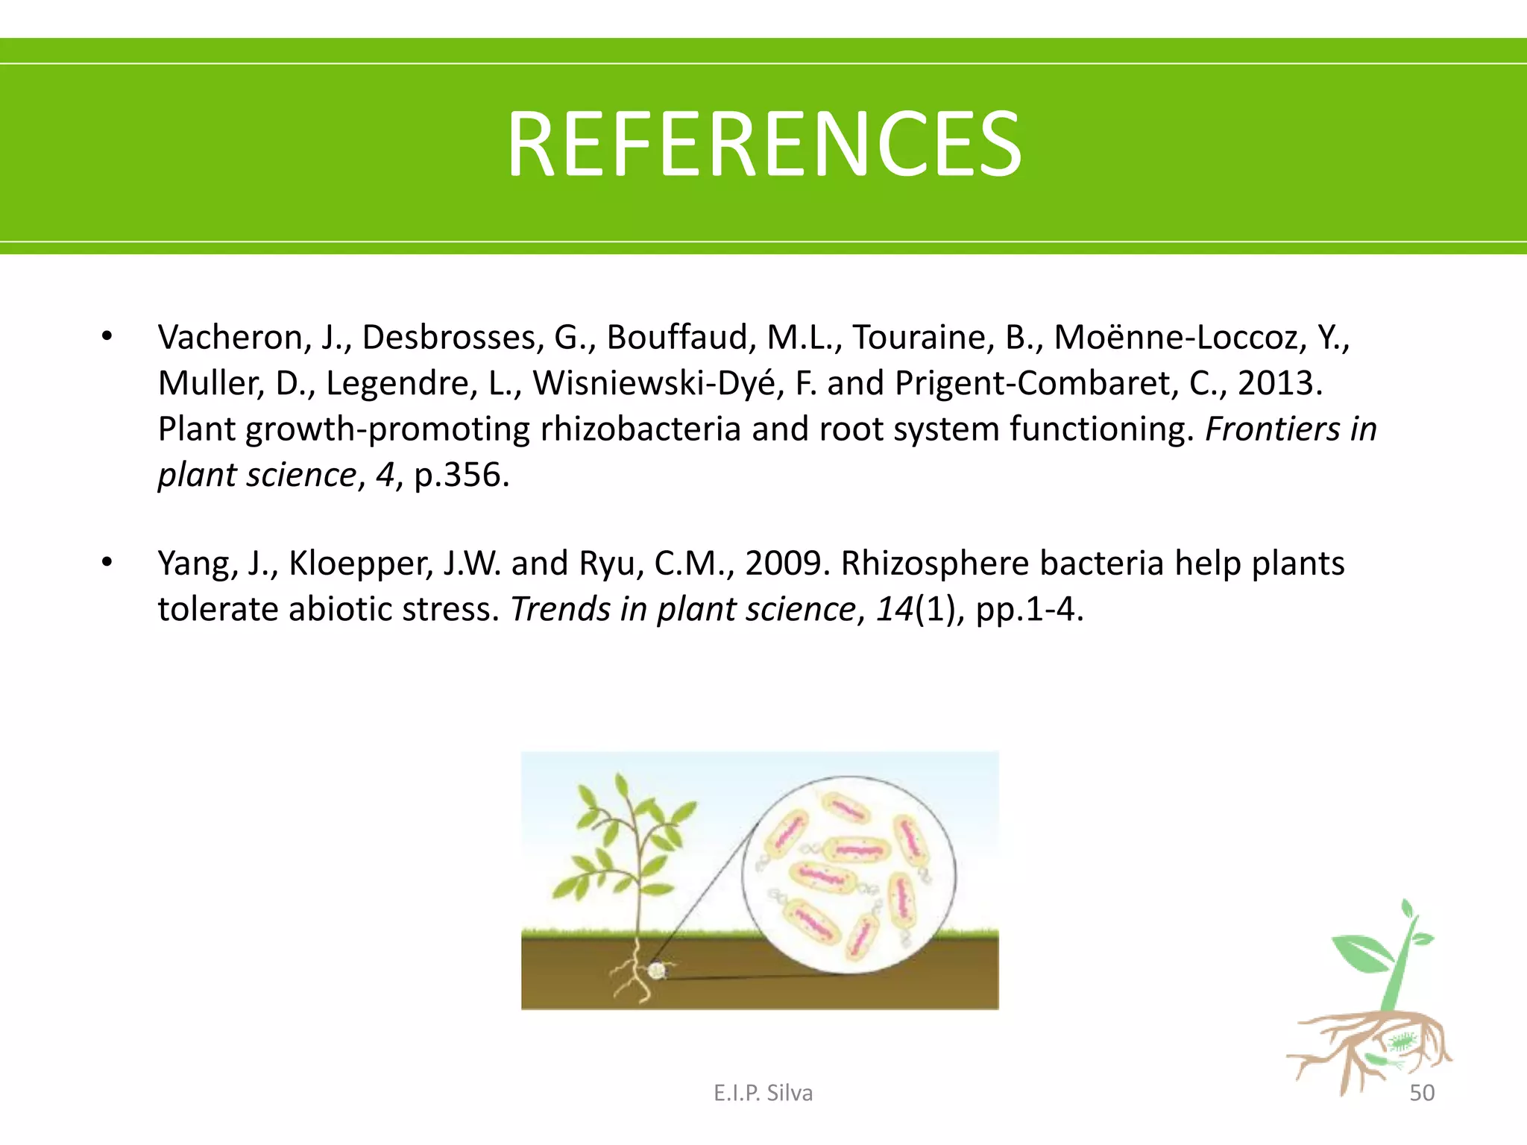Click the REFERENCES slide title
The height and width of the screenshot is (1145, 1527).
[x=763, y=144]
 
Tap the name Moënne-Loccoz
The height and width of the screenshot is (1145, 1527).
[x=1180, y=338]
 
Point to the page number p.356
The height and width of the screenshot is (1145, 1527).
[x=462, y=475]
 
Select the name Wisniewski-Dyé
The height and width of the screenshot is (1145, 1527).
[x=658, y=383]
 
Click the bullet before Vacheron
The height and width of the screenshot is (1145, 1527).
[x=107, y=337]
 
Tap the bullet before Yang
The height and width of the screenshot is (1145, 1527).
[x=107, y=563]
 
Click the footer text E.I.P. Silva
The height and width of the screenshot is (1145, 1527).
[x=763, y=1093]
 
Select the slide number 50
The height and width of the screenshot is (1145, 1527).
[x=1422, y=1093]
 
